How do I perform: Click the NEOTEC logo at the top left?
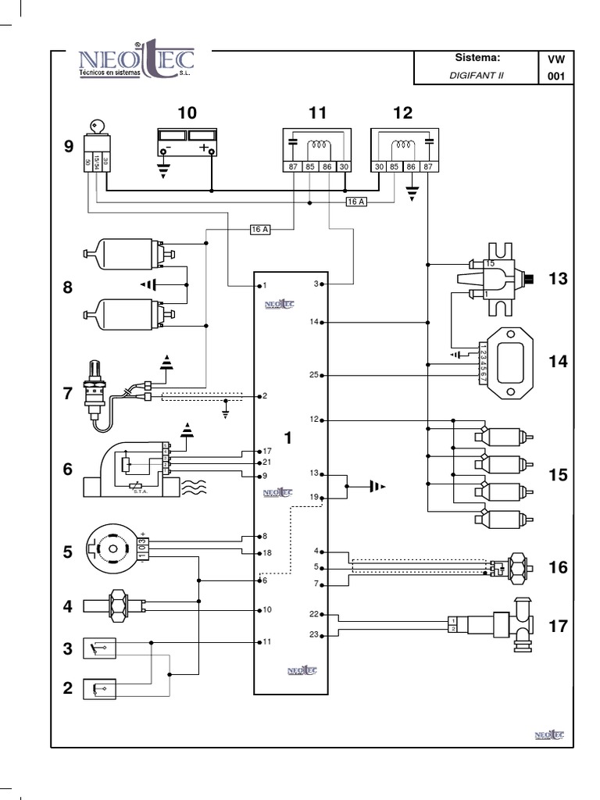[137, 62]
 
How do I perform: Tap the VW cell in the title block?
[555, 59]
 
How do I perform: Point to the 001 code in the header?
[555, 76]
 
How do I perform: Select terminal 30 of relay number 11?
[345, 166]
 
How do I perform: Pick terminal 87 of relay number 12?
[428, 166]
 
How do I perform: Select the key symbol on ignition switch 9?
[95, 126]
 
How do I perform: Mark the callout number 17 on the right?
[558, 626]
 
